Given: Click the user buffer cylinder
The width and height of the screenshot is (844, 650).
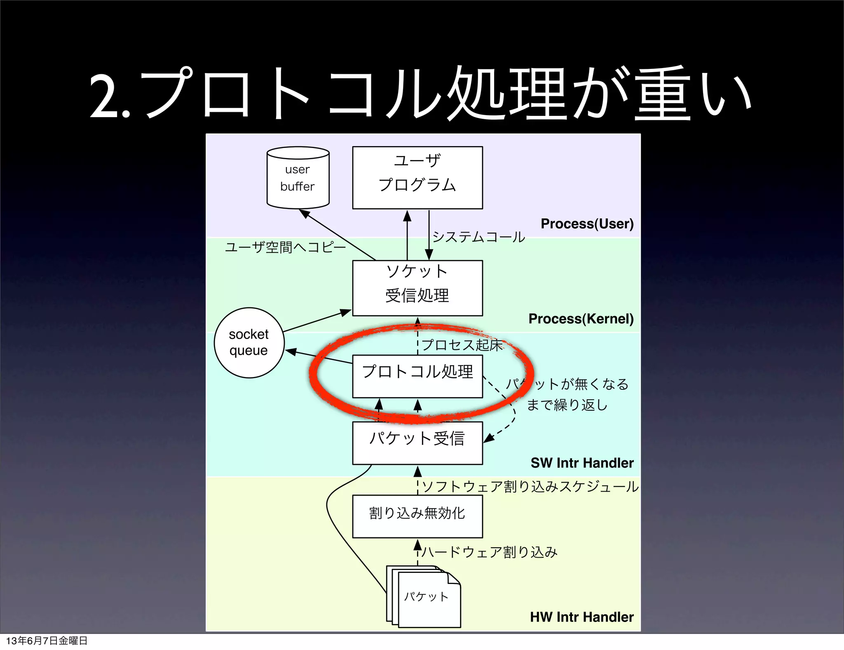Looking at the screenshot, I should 298,178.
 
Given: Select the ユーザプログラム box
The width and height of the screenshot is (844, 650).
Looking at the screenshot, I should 417,177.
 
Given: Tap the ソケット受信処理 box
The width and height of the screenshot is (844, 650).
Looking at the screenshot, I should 417,288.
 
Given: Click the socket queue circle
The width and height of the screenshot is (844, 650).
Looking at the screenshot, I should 249,342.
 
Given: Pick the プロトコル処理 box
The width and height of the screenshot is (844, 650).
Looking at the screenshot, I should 417,376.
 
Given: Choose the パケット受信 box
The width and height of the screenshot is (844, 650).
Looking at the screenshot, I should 417,443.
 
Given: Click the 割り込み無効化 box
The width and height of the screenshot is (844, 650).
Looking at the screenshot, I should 417,516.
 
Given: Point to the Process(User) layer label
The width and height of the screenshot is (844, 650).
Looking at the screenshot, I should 587,224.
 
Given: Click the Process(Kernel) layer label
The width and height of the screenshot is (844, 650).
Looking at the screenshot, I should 581,318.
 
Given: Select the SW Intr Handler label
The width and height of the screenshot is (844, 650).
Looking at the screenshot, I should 581,463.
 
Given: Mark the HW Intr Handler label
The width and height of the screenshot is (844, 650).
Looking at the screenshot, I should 581,617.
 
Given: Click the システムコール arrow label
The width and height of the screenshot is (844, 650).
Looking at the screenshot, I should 478,237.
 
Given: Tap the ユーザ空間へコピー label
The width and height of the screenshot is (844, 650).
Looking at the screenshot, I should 285,247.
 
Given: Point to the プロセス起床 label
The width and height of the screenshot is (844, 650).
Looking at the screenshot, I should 462,345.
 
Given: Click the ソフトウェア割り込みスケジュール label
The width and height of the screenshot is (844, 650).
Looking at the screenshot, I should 530,487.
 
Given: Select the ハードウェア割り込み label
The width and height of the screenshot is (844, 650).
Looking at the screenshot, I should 489,552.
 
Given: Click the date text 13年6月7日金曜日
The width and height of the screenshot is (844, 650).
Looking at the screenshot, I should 47,641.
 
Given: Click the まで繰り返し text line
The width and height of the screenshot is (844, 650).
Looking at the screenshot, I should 567,405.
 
